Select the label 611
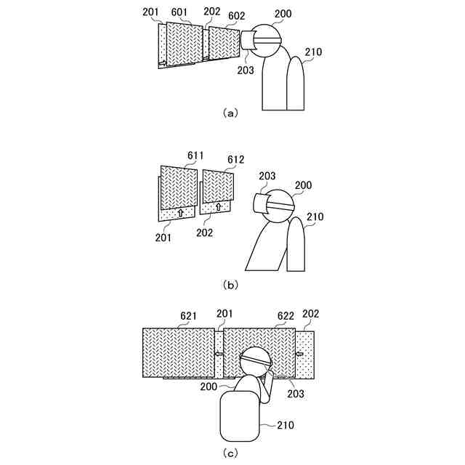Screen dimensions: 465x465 tap(195, 155)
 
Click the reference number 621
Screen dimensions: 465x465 tap(189, 316)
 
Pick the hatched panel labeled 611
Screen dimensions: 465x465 tap(179, 187)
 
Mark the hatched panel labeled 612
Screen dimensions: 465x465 tap(218, 185)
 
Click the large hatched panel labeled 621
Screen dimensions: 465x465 tap(178, 352)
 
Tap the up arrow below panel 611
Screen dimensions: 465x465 tap(179, 213)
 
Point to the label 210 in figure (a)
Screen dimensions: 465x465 tap(314, 52)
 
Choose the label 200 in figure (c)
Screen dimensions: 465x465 tap(209, 387)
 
